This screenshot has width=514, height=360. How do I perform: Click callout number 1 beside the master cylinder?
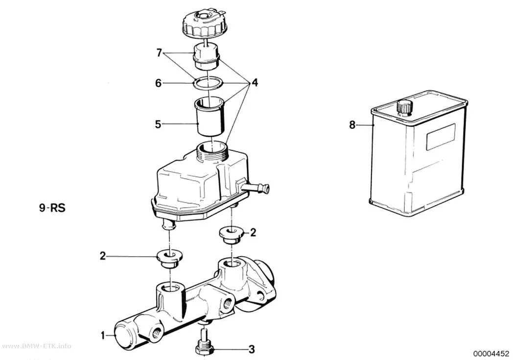(x=103, y=336)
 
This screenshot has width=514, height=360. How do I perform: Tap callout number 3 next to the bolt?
(x=252, y=350)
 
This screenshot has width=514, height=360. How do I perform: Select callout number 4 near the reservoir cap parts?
(x=255, y=83)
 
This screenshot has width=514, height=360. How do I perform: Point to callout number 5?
(x=158, y=124)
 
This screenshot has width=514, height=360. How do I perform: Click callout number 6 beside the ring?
(x=158, y=83)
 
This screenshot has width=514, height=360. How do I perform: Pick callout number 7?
(x=159, y=53)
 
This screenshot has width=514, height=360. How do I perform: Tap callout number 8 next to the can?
(x=352, y=125)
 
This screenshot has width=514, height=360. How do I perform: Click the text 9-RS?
(x=52, y=208)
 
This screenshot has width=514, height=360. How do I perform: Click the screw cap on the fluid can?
(x=404, y=108)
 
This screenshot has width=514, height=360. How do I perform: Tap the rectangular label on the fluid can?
(x=441, y=137)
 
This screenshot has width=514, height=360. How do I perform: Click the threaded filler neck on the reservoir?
(x=211, y=150)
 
